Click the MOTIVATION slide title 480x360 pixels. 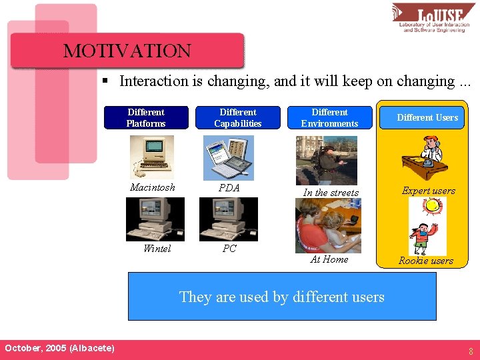coord(127,51)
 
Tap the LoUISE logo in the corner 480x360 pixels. coord(433,18)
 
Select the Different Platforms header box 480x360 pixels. coord(146,118)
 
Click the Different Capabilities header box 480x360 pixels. coord(237,118)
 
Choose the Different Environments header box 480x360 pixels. coord(329,118)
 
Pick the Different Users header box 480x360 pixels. coord(427,118)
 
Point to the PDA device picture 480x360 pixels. coord(228,158)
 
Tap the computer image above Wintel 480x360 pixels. coord(155,219)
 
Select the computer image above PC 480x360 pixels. coord(228,219)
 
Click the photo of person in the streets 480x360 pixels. coord(326,161)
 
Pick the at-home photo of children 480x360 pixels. coord(328,226)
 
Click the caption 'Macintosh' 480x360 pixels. coord(153,187)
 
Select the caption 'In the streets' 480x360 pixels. coord(331,193)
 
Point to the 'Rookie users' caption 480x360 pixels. coord(426,261)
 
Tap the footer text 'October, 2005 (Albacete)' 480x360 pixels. coord(59,349)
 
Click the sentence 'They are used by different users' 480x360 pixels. coord(281,297)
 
